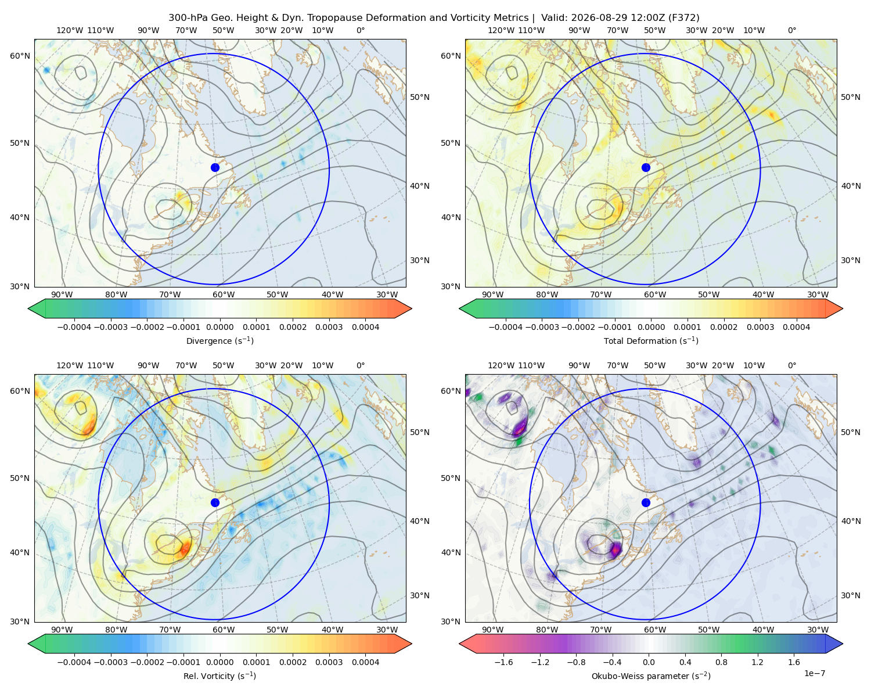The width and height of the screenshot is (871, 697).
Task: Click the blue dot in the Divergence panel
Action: click(x=215, y=167)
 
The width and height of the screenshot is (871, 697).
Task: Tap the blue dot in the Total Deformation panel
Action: click(x=646, y=167)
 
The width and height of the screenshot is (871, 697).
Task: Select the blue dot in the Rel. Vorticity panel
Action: click(x=215, y=502)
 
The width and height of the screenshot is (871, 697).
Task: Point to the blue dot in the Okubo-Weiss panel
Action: click(x=646, y=502)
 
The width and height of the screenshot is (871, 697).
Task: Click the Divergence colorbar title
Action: click(x=219, y=340)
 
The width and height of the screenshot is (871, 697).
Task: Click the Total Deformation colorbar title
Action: click(x=651, y=340)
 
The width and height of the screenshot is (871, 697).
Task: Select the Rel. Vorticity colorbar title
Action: click(x=219, y=676)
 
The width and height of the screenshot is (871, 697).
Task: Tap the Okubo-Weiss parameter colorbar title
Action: click(x=651, y=676)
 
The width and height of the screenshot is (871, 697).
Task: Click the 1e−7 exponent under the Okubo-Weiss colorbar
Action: click(x=814, y=673)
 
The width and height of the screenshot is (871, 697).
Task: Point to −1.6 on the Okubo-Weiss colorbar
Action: click(x=503, y=662)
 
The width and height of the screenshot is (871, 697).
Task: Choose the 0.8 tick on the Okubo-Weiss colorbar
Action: click(x=721, y=662)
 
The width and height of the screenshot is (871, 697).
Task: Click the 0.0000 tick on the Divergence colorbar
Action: click(x=219, y=327)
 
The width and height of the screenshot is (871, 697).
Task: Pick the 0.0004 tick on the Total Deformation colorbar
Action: click(x=796, y=327)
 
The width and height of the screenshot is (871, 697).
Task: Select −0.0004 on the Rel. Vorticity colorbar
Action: click(x=74, y=662)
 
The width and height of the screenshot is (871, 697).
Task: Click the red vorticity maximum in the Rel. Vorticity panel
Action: click(x=185, y=549)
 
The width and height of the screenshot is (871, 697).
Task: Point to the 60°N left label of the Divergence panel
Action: click(x=20, y=56)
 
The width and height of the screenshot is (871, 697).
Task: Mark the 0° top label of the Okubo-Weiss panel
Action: click(x=791, y=365)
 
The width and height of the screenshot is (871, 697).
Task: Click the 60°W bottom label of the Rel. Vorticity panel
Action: click(x=224, y=630)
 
